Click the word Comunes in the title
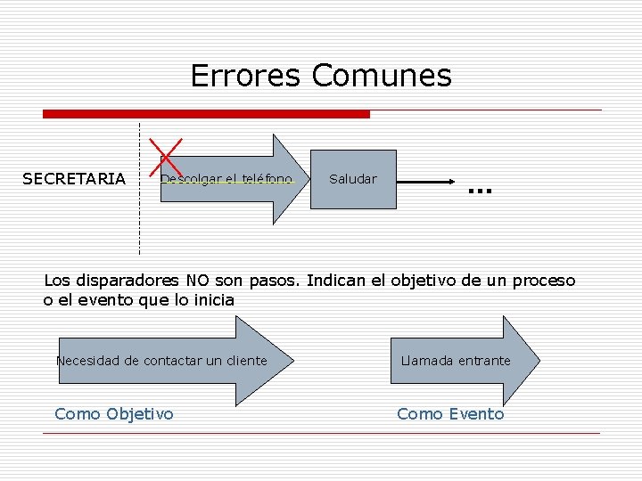click(x=382, y=76)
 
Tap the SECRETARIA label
click(x=74, y=179)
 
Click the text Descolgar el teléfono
click(x=226, y=179)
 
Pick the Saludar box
click(x=353, y=179)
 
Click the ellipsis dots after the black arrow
click(x=480, y=191)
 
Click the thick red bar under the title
click(x=206, y=114)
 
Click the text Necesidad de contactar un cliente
click(x=161, y=361)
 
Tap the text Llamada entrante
click(x=456, y=361)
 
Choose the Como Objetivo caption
click(x=114, y=413)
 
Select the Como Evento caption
click(x=450, y=413)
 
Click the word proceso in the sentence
click(x=544, y=281)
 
